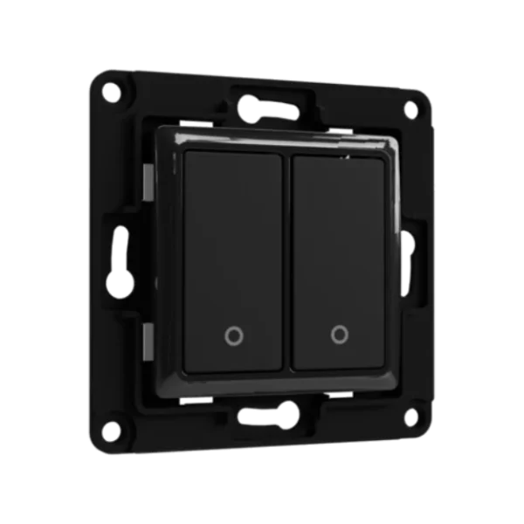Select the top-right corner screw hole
point(410,108)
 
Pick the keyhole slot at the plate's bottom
point(267,416)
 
